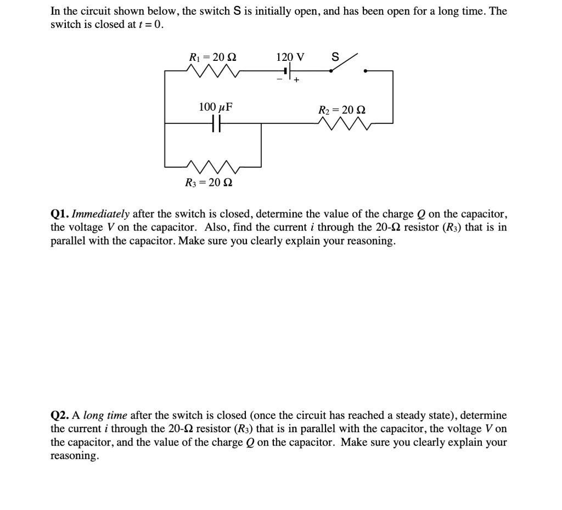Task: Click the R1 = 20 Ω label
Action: click(213, 57)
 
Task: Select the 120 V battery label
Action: click(291, 57)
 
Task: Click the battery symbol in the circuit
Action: click(286, 71)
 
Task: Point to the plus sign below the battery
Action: click(296, 81)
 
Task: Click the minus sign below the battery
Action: click(279, 80)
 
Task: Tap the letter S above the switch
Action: click(335, 56)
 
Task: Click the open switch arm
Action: click(344, 63)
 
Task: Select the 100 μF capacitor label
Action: click(216, 107)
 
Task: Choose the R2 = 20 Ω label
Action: click(342, 110)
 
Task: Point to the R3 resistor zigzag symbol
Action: click(213, 165)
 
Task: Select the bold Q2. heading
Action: click(60, 416)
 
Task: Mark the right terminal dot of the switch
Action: click(366, 71)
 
